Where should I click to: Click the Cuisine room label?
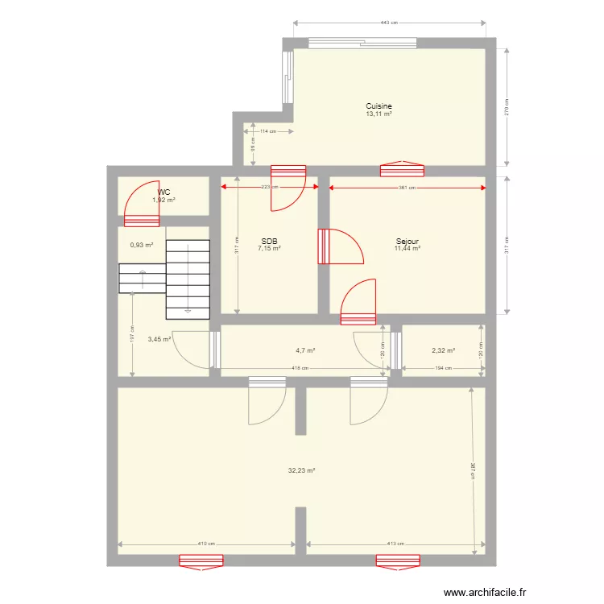379,106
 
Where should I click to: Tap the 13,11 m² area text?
379,114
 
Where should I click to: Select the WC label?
164,192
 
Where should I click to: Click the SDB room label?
268,241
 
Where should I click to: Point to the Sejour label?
407,241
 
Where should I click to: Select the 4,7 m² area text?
305,350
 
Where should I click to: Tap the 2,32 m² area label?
443,350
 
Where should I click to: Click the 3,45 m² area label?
159,340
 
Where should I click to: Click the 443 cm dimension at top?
390,23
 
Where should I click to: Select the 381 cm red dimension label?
407,188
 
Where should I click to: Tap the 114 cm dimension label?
267,131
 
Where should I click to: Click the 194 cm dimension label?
443,369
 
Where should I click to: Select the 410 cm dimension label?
206,544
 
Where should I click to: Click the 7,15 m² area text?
268,249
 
